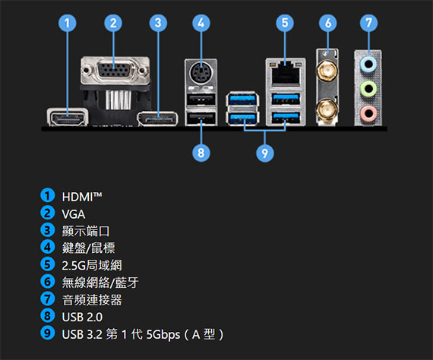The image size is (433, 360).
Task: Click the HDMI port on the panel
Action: [68, 117]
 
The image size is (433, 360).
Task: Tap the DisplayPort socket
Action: [158, 118]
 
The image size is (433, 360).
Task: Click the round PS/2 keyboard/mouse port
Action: [201, 73]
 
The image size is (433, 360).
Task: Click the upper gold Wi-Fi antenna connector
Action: [327, 71]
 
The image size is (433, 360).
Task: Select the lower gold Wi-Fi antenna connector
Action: [327, 110]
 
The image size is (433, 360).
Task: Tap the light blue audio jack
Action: [368, 65]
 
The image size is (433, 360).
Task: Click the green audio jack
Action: [368, 89]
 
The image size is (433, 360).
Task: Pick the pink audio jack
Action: [368, 113]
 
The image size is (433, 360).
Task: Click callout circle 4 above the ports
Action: [201, 23]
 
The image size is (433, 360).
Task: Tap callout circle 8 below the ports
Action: [201, 153]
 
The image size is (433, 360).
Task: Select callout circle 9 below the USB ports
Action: [265, 153]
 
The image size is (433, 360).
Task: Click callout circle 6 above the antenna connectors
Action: [327, 23]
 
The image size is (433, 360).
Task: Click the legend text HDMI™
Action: [82, 197]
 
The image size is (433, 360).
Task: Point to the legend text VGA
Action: [74, 214]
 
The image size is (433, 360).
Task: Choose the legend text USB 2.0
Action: [82, 317]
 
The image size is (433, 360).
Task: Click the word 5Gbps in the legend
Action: [163, 335]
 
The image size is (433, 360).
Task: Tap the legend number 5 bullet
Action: [48, 264]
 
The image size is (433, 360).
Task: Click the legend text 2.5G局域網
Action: [92, 265]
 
